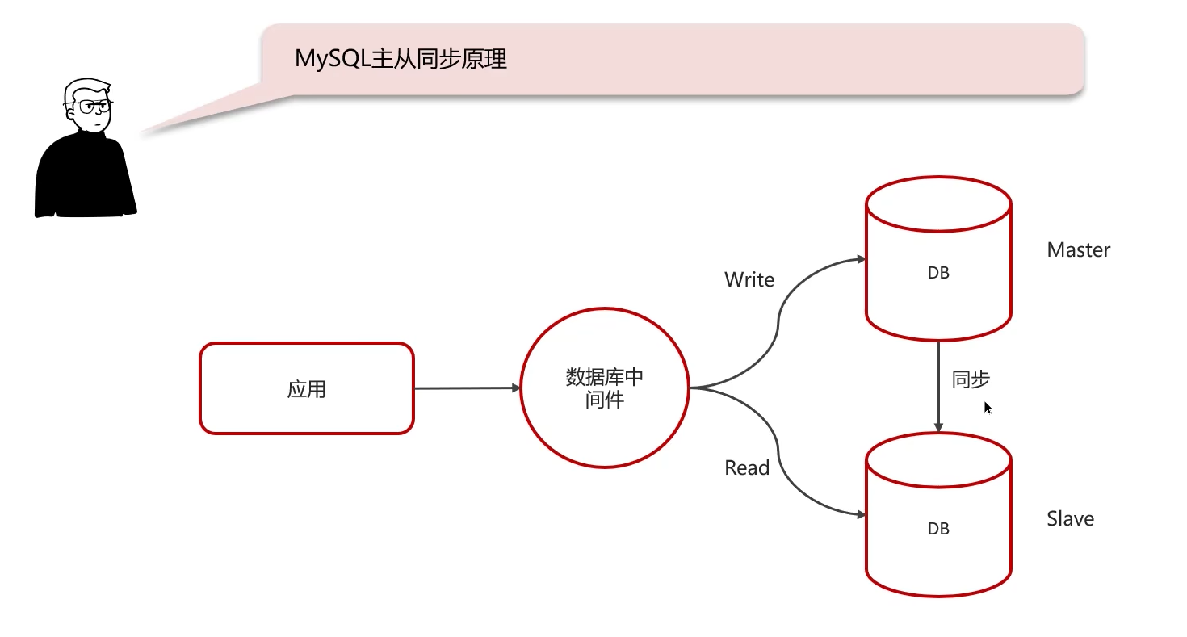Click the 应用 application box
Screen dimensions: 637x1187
[x=307, y=388]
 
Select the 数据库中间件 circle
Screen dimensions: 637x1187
[x=605, y=388]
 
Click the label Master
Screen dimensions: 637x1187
[x=1078, y=250]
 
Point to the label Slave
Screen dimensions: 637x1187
[x=1070, y=518]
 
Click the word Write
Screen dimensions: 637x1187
[x=749, y=280]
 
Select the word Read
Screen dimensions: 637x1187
[x=747, y=468]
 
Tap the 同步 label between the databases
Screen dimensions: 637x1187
[x=971, y=379]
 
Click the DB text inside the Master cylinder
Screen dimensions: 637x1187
[x=938, y=273]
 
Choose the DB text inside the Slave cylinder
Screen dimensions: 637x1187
[x=938, y=529]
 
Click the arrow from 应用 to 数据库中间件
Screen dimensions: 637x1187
[x=467, y=388]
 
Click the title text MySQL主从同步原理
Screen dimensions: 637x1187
[x=401, y=59]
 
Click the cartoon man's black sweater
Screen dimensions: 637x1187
[x=84, y=178]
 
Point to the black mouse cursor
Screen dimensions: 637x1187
[x=988, y=408]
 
